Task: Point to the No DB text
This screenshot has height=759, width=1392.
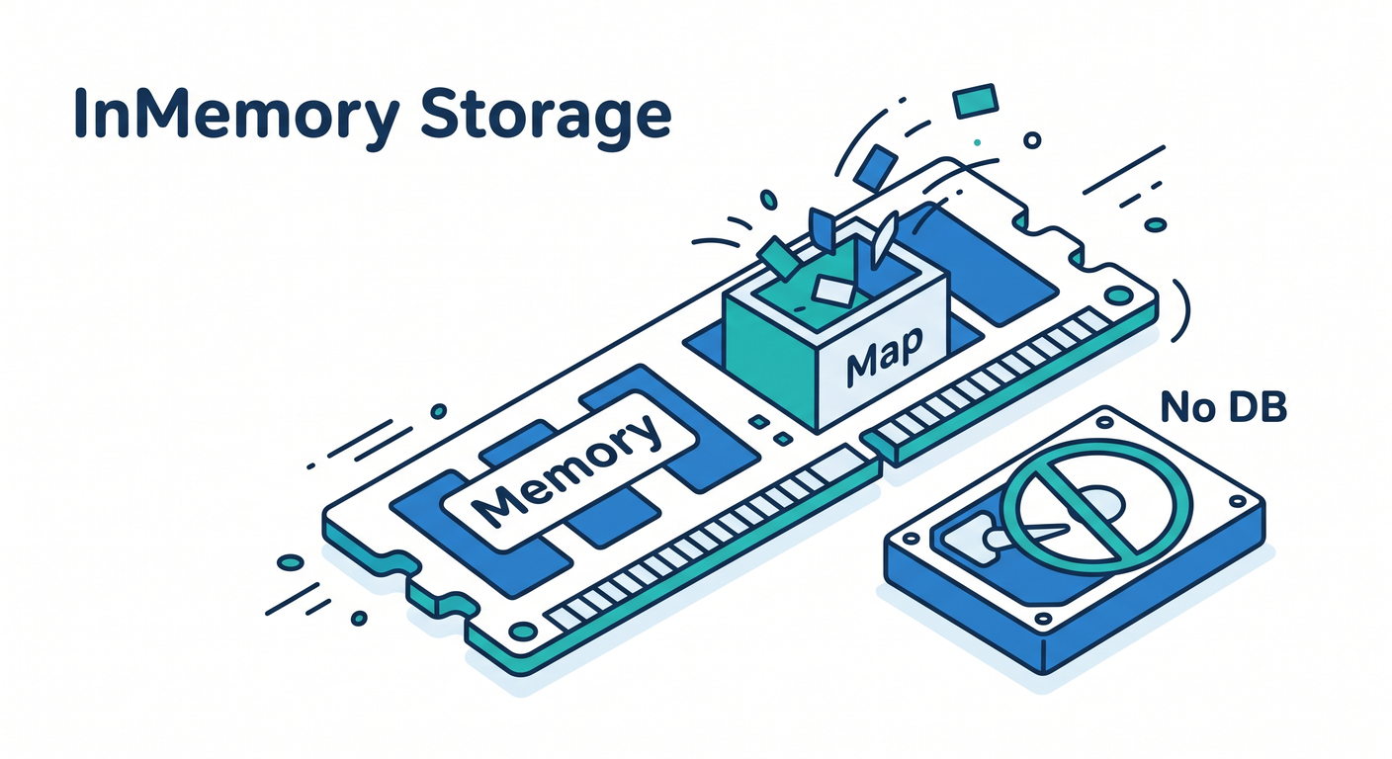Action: tap(1223, 407)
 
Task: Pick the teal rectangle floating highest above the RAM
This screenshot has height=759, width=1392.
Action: tap(975, 101)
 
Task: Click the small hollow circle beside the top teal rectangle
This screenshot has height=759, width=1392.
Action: tap(1032, 140)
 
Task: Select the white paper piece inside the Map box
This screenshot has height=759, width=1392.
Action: tap(834, 290)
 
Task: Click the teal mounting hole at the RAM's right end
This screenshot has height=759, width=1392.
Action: tap(1117, 295)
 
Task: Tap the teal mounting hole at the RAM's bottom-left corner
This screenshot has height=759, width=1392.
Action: tap(522, 632)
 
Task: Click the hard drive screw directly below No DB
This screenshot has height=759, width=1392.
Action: tap(1104, 422)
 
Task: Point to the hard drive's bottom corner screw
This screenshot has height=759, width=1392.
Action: tap(1042, 619)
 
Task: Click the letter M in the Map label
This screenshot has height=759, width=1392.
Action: tap(861, 366)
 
